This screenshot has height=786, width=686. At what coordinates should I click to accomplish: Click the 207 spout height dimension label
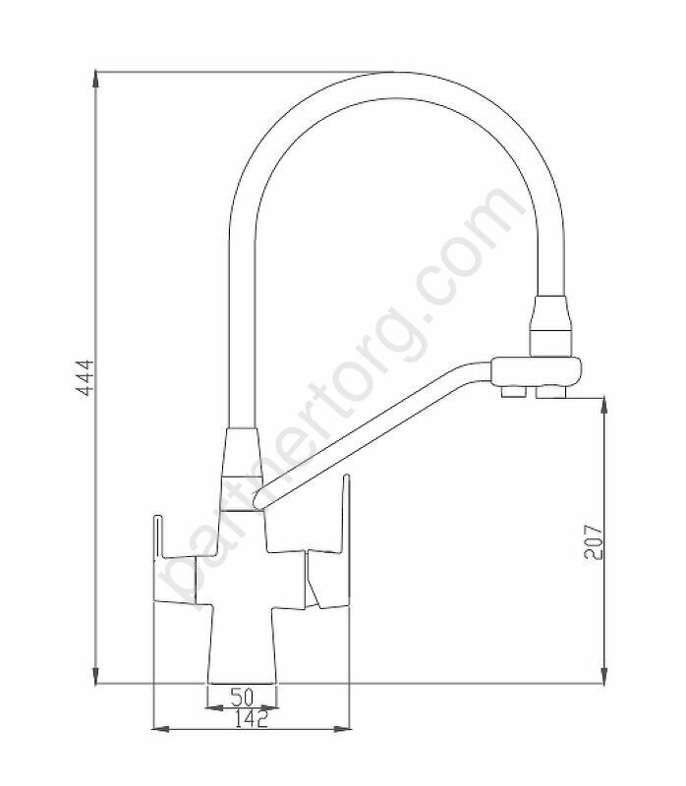(x=594, y=542)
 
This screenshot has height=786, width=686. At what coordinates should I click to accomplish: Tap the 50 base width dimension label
(x=242, y=697)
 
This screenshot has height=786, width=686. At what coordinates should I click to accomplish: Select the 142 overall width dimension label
(x=252, y=719)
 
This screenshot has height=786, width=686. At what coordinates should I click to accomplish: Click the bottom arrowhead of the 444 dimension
(x=95, y=675)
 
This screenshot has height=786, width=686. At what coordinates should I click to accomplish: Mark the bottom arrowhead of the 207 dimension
(x=604, y=675)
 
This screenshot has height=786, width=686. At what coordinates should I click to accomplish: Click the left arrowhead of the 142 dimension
(x=160, y=729)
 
